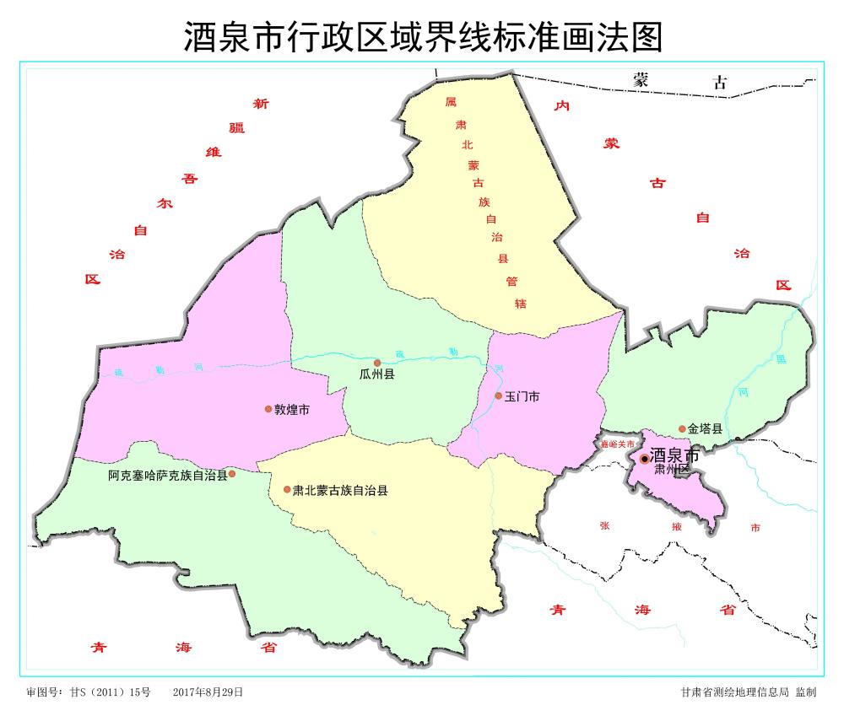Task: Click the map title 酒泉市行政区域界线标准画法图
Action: click(x=421, y=36)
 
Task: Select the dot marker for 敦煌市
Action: click(x=268, y=409)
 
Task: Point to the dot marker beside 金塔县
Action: click(x=682, y=429)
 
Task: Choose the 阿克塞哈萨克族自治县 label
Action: click(x=168, y=476)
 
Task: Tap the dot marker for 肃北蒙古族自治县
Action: click(x=287, y=489)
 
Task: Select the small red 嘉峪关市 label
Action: click(x=617, y=444)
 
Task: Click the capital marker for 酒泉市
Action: click(x=645, y=458)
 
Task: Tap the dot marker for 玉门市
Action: click(x=498, y=396)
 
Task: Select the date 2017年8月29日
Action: click(x=208, y=692)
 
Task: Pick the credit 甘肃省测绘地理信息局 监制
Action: click(x=749, y=692)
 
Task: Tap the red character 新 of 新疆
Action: click(x=261, y=105)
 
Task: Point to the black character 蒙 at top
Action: click(x=642, y=81)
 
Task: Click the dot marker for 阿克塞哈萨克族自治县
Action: click(x=232, y=474)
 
